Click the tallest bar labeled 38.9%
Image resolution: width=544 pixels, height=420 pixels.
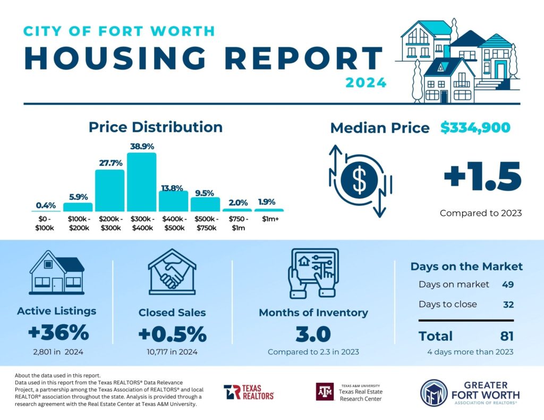click(x=141, y=182)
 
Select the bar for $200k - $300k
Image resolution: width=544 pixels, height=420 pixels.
click(x=109, y=191)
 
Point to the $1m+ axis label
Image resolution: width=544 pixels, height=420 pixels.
click(x=268, y=219)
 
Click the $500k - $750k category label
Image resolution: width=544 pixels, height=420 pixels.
click(x=205, y=223)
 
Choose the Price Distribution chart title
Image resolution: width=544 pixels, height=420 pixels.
click(x=155, y=127)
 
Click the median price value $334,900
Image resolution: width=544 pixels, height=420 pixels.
click(x=475, y=127)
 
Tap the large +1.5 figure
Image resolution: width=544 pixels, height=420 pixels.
click(x=482, y=178)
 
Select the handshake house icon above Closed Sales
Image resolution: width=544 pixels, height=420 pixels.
click(x=172, y=272)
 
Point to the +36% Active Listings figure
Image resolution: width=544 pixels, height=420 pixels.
click(x=58, y=333)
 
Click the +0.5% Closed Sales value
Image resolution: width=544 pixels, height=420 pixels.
click(x=172, y=335)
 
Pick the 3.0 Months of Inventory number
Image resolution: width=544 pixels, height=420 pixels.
click(x=313, y=335)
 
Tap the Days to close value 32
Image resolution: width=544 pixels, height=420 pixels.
click(x=507, y=304)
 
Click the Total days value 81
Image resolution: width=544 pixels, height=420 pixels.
click(x=506, y=336)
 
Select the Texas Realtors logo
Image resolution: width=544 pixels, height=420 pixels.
click(x=249, y=392)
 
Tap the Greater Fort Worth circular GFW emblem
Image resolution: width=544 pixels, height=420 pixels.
click(x=431, y=393)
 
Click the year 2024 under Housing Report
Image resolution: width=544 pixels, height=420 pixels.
click(x=365, y=83)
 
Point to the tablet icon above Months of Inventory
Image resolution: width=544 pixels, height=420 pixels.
click(x=313, y=271)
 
